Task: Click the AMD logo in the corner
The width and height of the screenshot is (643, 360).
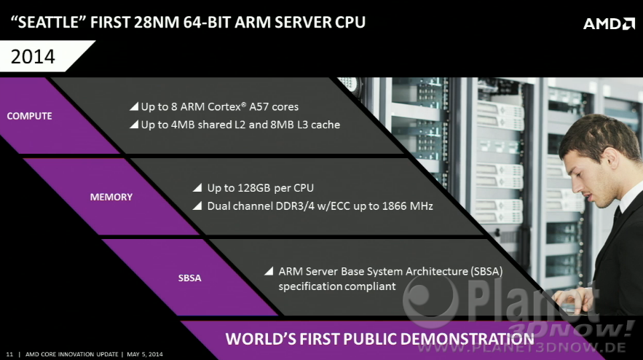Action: (x=609, y=24)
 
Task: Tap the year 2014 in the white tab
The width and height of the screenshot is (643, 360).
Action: (x=33, y=57)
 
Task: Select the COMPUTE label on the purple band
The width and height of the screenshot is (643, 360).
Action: (x=30, y=116)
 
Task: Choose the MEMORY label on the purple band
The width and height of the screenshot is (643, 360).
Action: (x=111, y=197)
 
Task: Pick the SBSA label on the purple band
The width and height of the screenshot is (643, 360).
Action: (x=190, y=278)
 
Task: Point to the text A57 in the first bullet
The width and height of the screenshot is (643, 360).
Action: (x=259, y=106)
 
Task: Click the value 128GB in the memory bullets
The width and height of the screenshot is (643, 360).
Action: (x=254, y=188)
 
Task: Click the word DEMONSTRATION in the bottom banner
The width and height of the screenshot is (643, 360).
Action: (x=467, y=339)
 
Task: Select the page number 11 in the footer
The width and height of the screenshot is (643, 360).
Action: (x=10, y=354)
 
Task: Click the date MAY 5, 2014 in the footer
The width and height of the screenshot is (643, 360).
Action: (x=145, y=354)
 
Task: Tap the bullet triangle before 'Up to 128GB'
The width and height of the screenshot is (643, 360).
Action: (x=197, y=188)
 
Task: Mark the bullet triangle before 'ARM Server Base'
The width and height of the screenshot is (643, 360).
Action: (x=269, y=271)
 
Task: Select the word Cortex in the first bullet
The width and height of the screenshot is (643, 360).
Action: (x=224, y=106)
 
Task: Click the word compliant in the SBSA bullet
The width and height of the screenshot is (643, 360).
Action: (x=371, y=286)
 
